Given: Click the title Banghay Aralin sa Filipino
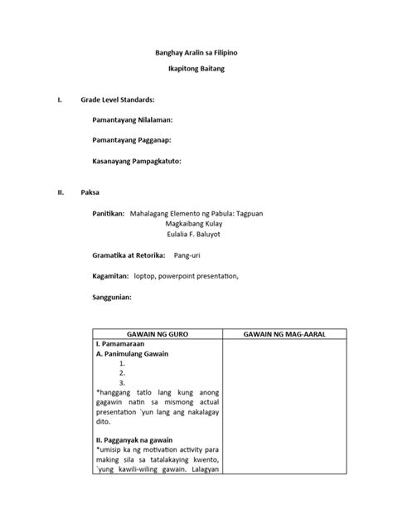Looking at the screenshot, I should point(196,52).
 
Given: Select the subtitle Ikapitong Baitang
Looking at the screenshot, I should point(196,69).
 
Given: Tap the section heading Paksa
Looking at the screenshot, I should point(90,192).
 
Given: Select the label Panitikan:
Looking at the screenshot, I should point(109,213).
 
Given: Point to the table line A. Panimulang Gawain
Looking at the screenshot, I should point(133,353).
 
